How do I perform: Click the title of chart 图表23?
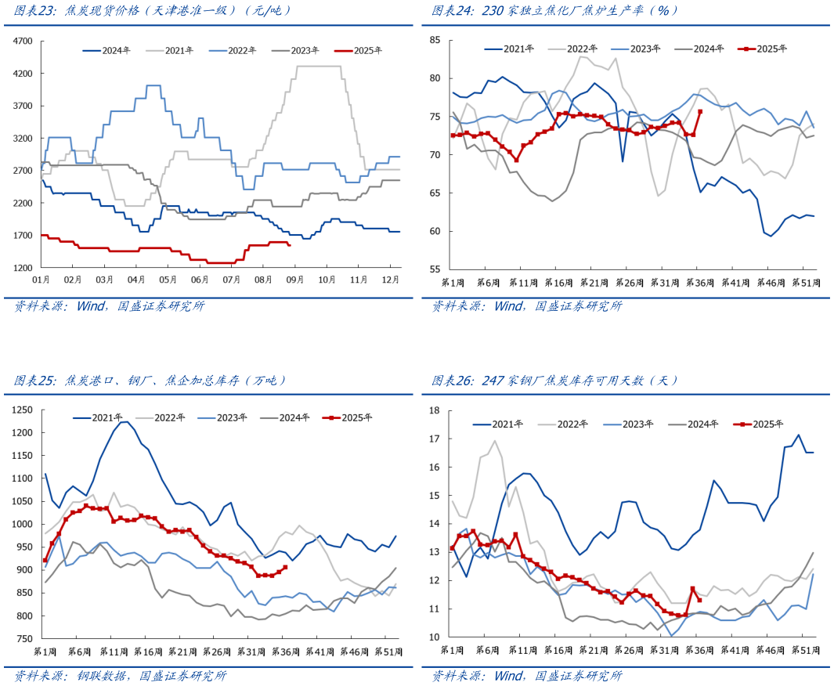(153, 10)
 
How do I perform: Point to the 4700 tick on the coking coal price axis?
(23, 41)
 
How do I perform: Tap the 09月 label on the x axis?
(296, 279)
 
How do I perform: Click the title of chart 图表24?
(556, 10)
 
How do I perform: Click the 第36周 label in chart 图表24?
(699, 282)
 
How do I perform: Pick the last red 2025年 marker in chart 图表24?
(700, 111)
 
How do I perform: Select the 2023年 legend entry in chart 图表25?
(232, 417)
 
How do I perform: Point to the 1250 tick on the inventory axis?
(23, 410)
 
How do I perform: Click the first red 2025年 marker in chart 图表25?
(45, 561)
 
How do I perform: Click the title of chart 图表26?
(556, 381)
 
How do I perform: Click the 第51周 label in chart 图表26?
(804, 650)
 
